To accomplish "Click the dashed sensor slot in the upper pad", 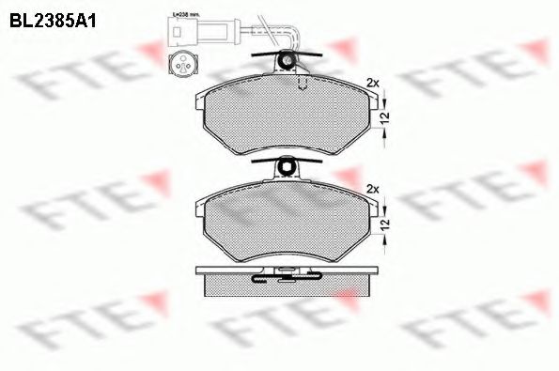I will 302,85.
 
